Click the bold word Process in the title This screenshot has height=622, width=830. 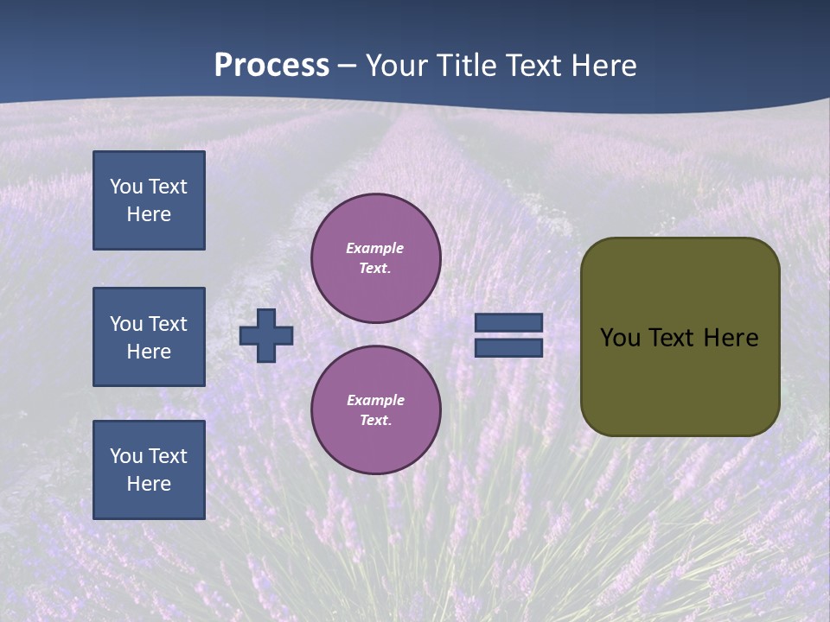[x=271, y=66]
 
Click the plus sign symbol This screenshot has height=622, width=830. [x=266, y=335]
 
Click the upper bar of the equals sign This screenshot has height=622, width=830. [x=509, y=322]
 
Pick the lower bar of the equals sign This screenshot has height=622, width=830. [x=509, y=347]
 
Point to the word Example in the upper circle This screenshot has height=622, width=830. [x=374, y=248]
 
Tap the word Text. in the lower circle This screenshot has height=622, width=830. [x=375, y=420]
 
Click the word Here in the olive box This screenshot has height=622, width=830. [x=731, y=338]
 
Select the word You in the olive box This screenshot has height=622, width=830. [x=620, y=338]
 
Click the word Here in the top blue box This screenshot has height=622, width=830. [x=149, y=214]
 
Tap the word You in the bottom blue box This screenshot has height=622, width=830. [x=126, y=456]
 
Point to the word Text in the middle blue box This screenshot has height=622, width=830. [x=168, y=324]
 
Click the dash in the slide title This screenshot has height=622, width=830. [x=348, y=66]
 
